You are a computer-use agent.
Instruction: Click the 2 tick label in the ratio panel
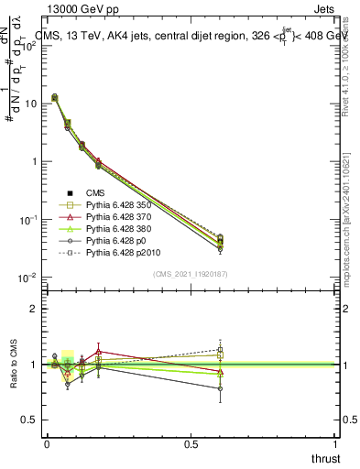click(34, 309)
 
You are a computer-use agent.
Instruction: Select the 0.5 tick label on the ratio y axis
click(29, 420)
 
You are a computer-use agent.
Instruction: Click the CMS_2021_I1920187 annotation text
click(191, 273)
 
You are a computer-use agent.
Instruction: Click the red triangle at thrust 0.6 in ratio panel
click(220, 370)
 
